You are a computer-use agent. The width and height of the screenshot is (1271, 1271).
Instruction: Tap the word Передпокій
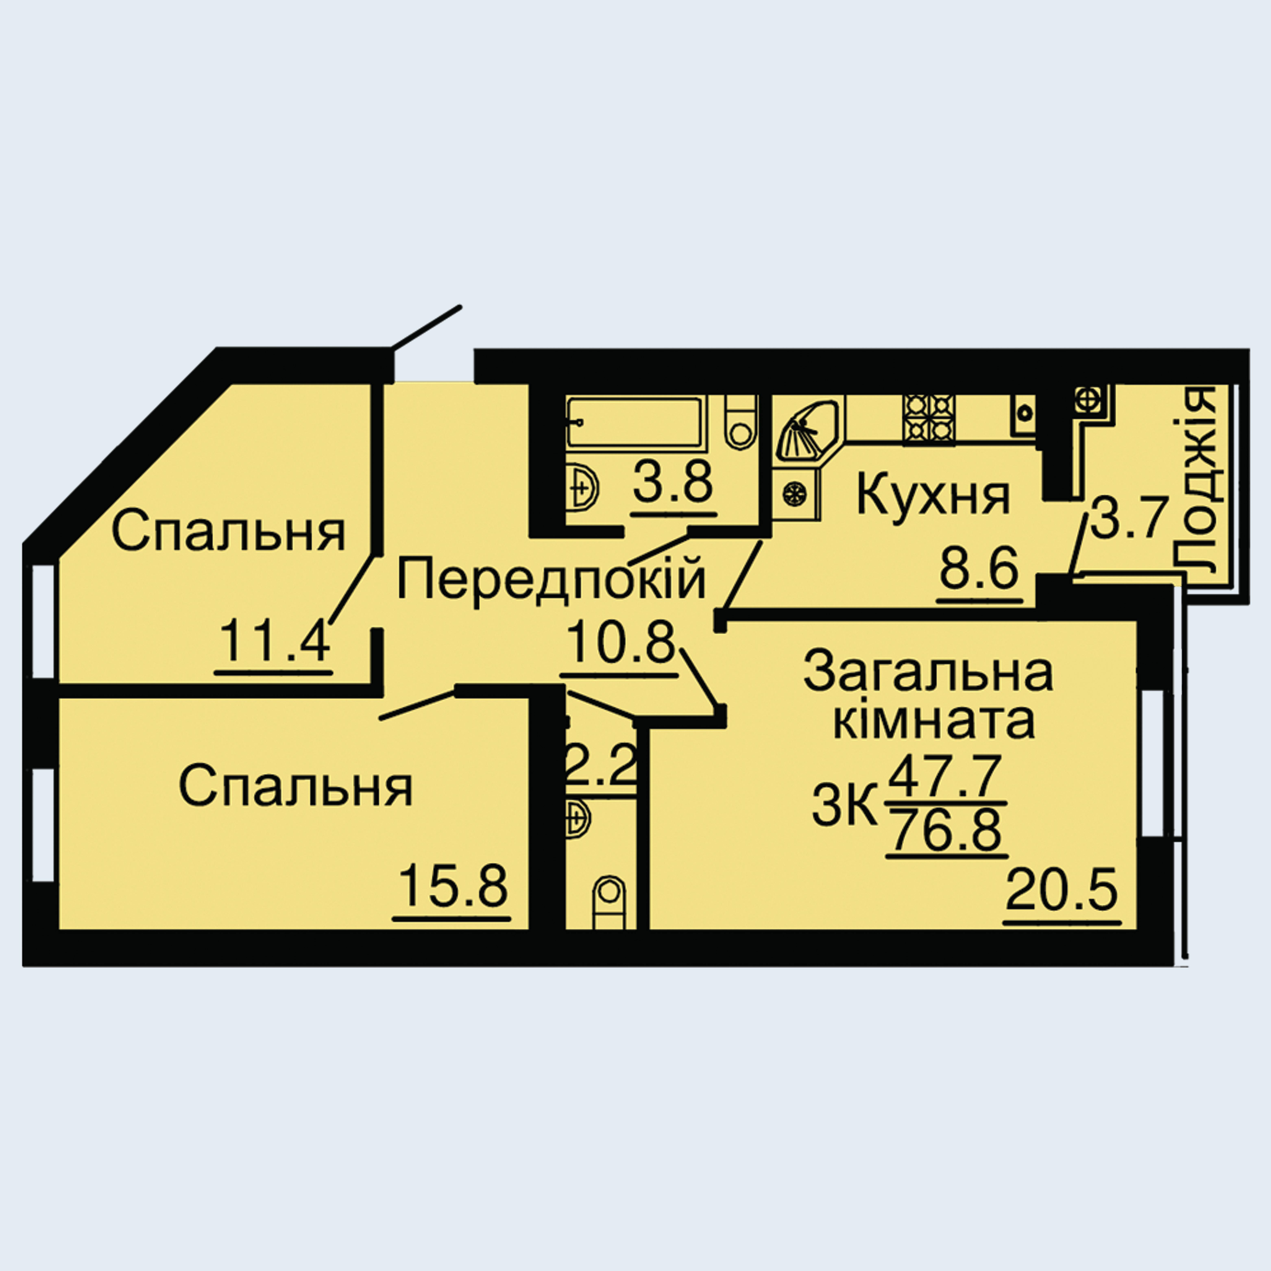(551, 577)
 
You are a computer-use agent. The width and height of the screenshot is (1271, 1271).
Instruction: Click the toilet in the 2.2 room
(609, 901)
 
